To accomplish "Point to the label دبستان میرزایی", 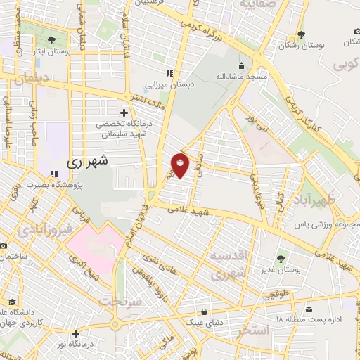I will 168,85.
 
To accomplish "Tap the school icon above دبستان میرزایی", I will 169,73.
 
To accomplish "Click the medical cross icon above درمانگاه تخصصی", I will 124,112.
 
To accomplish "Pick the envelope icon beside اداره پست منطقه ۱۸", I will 309,309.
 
